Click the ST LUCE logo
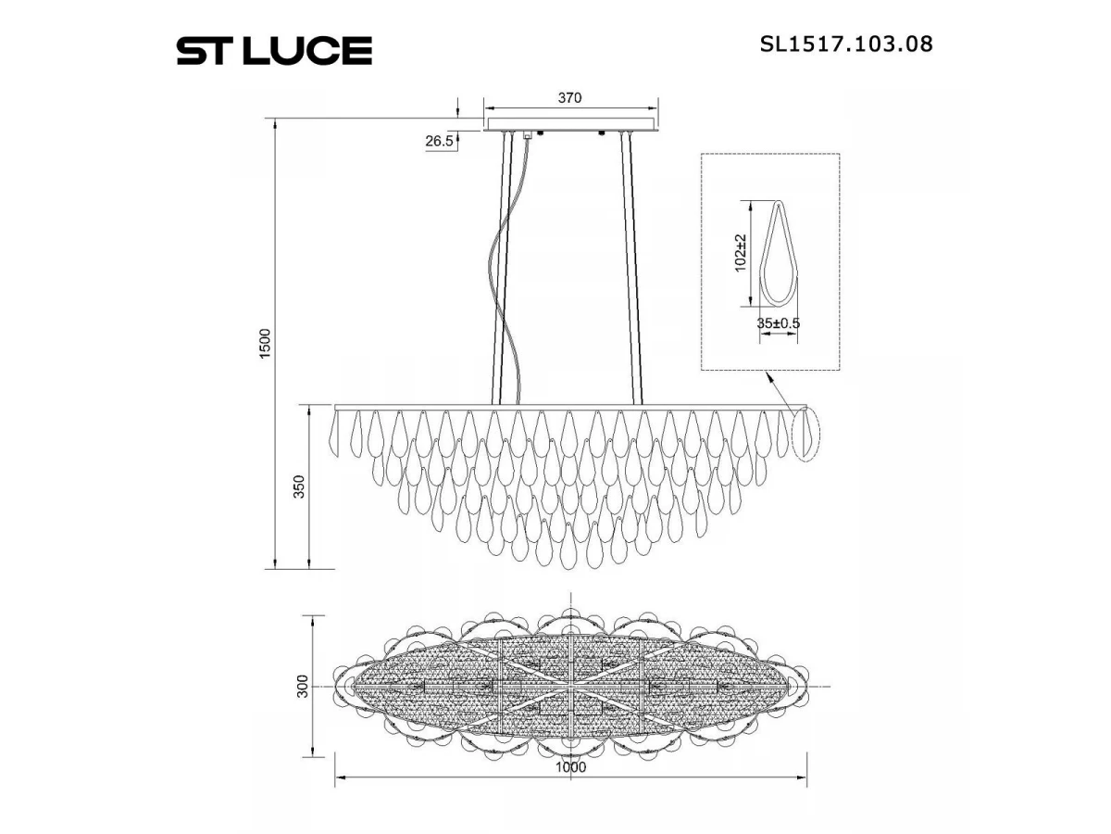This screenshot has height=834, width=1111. (x=274, y=50)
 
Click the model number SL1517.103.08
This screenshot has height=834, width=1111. (x=846, y=44)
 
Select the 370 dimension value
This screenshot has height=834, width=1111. (x=570, y=97)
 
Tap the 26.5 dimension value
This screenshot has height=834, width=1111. (x=440, y=141)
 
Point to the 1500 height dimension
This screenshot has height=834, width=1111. (x=265, y=344)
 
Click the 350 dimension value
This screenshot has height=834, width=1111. (x=299, y=486)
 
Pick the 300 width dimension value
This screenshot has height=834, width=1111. (x=302, y=686)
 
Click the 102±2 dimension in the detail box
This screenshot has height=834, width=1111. (x=741, y=253)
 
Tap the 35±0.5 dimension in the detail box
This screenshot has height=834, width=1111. (x=778, y=323)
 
